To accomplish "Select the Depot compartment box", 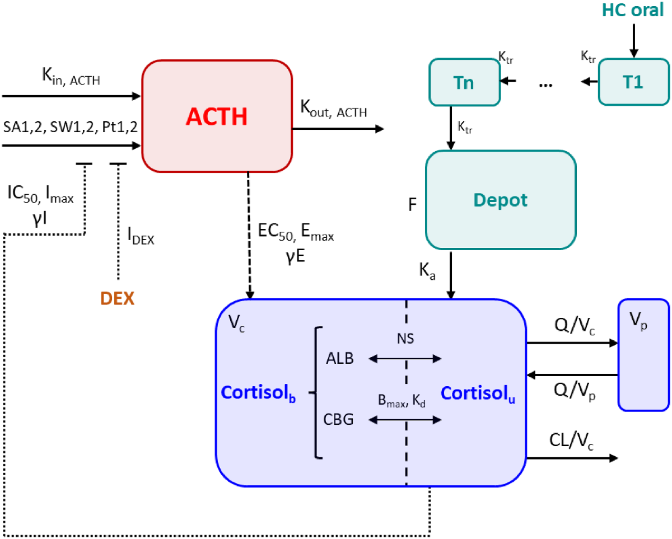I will coord(501,200).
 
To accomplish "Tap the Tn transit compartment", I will coord(464,82).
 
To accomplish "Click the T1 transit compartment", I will coord(633,82).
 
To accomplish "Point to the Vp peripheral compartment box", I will coord(643,355).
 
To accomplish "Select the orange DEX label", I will coord(118,298).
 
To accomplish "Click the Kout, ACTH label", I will coord(334,111).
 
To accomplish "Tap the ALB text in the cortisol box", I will coord(340,359).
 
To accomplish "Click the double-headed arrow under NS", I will coord(405,359).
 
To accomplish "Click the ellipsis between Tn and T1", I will coord(545,83).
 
